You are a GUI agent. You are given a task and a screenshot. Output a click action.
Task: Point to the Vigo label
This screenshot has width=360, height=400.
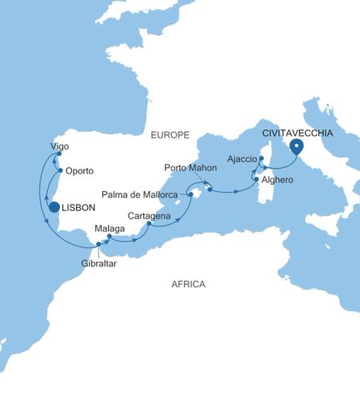coord(59,147)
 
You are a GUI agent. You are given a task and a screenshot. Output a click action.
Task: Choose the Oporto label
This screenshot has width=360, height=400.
coord(80,171)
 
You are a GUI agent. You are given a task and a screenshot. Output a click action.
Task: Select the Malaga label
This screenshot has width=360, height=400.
coord(109,229)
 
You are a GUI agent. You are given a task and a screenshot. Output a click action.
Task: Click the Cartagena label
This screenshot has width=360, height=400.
coord(150,215)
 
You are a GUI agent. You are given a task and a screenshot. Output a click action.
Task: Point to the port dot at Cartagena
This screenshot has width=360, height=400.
coord(150,224)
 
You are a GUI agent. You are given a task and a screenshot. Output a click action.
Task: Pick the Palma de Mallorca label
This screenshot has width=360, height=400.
coord(143,194)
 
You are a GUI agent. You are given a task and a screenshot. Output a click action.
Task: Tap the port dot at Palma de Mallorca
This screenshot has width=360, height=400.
coord(190,194)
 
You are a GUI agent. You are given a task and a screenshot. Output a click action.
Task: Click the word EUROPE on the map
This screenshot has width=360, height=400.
coord(169,136)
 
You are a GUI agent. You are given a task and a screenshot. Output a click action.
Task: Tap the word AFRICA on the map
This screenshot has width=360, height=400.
coord(189,284)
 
